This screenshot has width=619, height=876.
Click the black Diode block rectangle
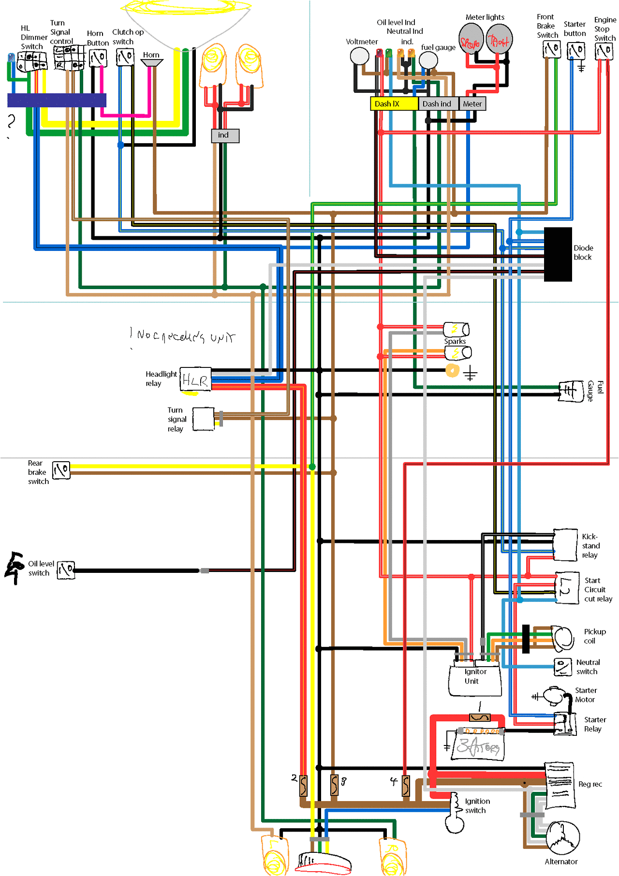[558, 254]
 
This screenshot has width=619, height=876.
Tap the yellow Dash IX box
[394, 103]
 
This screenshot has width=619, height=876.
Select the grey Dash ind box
[437, 103]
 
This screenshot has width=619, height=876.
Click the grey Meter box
[472, 103]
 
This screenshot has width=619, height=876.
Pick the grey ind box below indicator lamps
[225, 135]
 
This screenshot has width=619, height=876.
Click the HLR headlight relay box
[195, 380]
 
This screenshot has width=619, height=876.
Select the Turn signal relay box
[204, 419]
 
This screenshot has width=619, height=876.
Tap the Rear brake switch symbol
[61, 470]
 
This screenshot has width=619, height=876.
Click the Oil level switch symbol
[66, 570]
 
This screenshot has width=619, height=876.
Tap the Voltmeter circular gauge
[359, 56]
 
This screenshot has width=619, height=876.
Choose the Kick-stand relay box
[565, 545]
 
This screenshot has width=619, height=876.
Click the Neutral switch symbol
[563, 667]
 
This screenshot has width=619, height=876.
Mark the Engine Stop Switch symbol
[604, 50]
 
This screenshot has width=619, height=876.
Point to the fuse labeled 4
[406, 786]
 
